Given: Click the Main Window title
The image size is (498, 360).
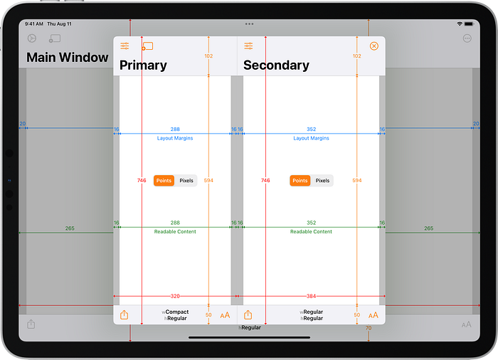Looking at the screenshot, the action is pyautogui.click(x=68, y=58).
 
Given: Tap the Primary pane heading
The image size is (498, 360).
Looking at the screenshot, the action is pyautogui.click(x=143, y=65).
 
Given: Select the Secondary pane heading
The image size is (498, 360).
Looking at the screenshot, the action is pyautogui.click(x=276, y=65).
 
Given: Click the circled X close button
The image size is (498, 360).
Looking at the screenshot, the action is pyautogui.click(x=374, y=46).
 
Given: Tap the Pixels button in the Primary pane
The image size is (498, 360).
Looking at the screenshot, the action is pyautogui.click(x=186, y=181).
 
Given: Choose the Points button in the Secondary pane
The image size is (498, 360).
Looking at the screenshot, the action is pyautogui.click(x=300, y=181).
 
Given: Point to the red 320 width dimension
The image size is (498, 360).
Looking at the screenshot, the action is pyautogui.click(x=175, y=295).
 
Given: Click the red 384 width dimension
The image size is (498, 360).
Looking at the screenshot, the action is pyautogui.click(x=312, y=295).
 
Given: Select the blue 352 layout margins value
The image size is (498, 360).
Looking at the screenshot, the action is pyautogui.click(x=312, y=129).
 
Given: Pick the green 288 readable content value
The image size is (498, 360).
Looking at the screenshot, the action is pyautogui.click(x=175, y=223).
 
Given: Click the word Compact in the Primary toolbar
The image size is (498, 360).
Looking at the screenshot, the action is pyautogui.click(x=177, y=312).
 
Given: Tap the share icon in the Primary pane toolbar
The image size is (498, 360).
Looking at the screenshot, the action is pyautogui.click(x=124, y=315).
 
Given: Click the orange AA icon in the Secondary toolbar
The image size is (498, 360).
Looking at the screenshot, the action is pyautogui.click(x=373, y=315).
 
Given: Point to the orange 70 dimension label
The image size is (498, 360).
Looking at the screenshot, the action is pyautogui.click(x=369, y=328).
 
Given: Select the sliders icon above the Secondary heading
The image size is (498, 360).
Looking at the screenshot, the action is pyautogui.click(x=248, y=46).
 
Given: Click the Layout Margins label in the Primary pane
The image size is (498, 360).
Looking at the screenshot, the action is pyautogui.click(x=175, y=138).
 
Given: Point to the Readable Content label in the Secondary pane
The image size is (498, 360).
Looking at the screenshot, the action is pyautogui.click(x=312, y=232).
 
